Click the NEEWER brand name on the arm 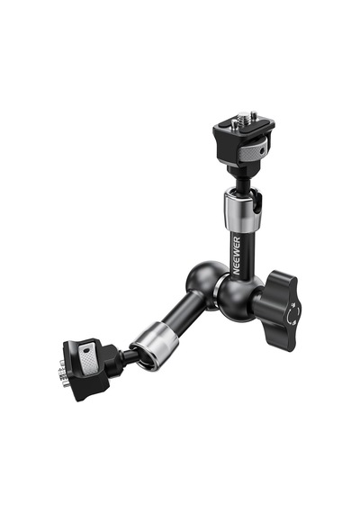click(237, 256)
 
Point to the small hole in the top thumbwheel click(262, 151)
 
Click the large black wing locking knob click(277, 310)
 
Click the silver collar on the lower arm click(154, 346)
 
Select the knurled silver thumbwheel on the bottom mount click(89, 359)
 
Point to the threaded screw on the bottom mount click(62, 373)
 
